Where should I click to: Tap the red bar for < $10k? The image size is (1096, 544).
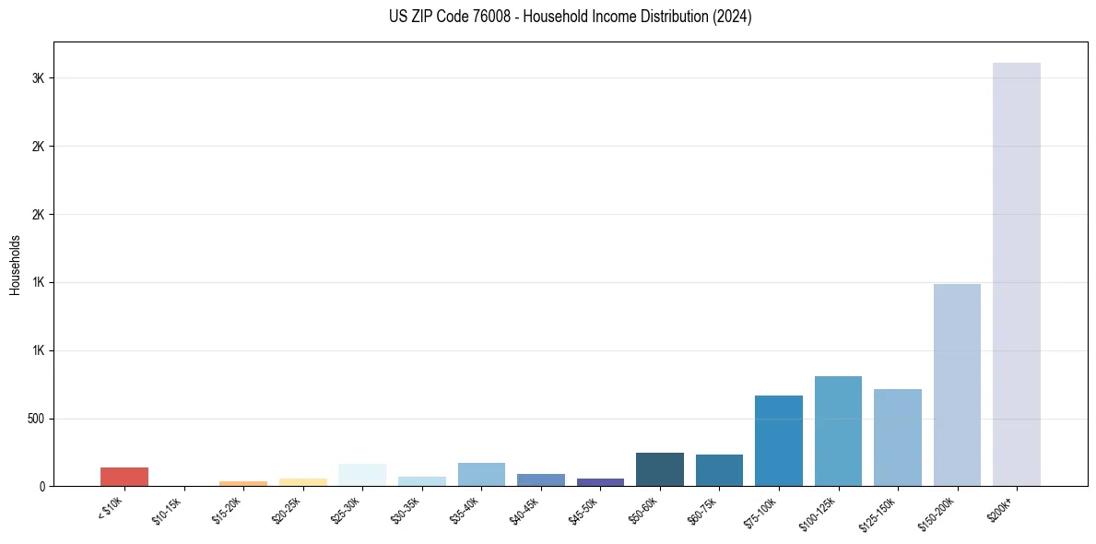(x=124, y=477)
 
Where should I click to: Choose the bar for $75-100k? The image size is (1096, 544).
(x=778, y=441)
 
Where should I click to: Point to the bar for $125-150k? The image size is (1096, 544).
(x=897, y=437)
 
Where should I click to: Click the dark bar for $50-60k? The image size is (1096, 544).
(x=659, y=469)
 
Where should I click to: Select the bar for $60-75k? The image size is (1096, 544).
(x=719, y=470)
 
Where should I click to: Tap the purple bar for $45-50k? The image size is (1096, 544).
(x=600, y=482)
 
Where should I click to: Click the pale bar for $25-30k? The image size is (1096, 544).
(x=362, y=475)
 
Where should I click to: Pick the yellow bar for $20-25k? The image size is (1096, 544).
(x=302, y=482)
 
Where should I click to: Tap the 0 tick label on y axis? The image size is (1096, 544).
(x=42, y=487)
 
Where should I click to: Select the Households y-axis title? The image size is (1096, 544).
(x=16, y=265)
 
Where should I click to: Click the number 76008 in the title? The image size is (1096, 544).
(x=490, y=17)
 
